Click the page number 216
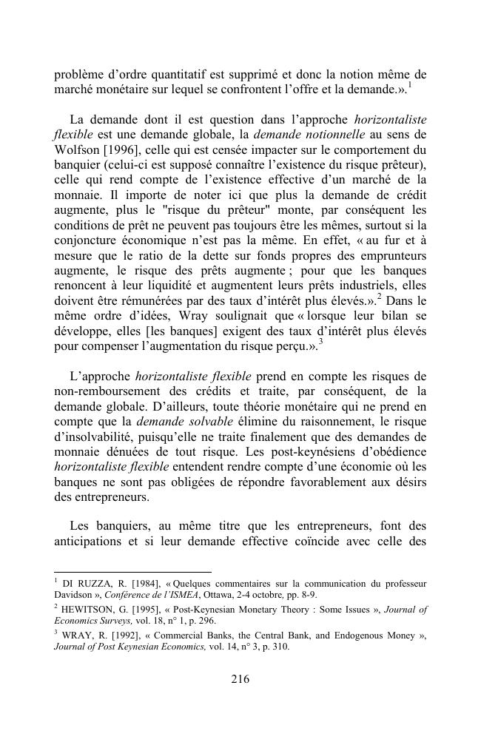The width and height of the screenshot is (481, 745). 240,680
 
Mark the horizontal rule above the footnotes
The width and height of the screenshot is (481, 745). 132,572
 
